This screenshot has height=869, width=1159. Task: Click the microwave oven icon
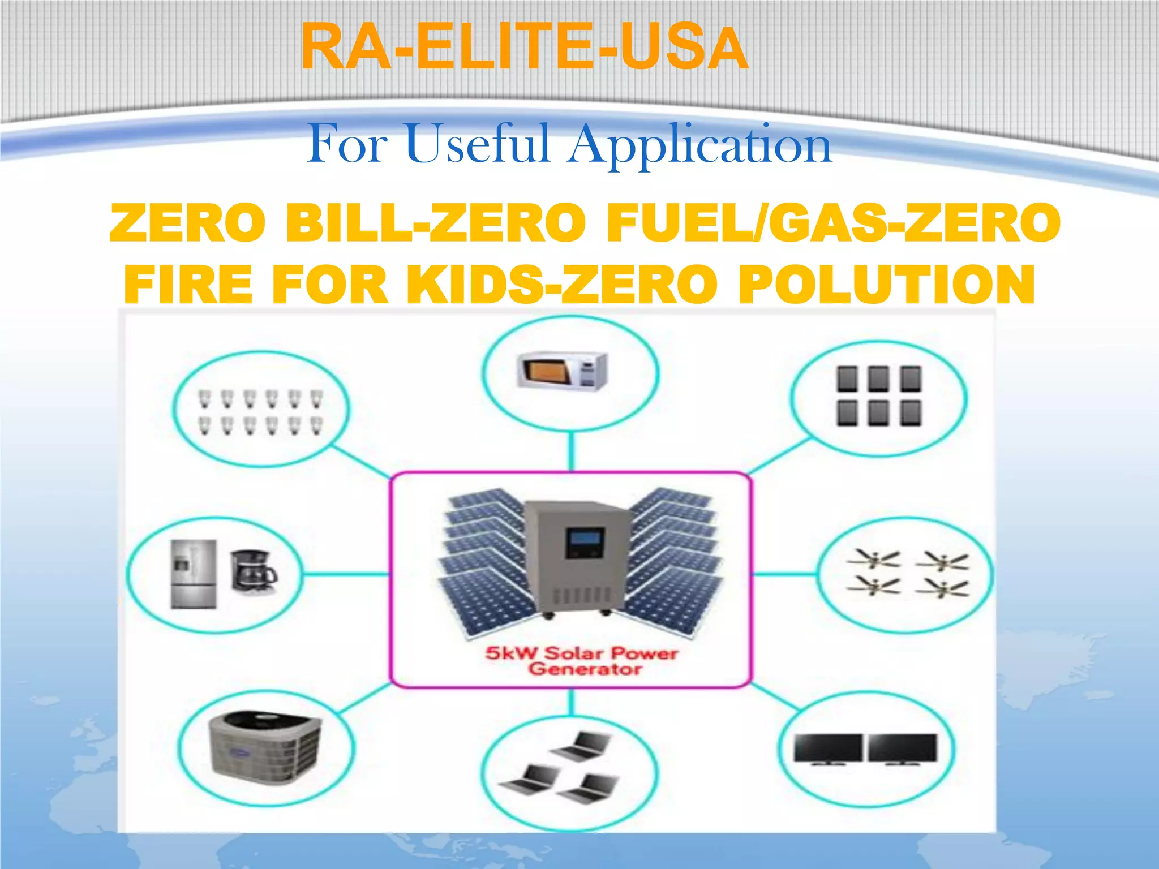562,371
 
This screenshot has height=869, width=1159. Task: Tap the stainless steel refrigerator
194,574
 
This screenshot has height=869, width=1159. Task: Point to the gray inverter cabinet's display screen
585,542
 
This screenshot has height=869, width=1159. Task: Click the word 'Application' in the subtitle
701,145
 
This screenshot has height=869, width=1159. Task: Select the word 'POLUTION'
886,285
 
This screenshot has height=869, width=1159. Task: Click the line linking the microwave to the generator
571,451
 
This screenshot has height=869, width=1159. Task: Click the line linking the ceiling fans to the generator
784,574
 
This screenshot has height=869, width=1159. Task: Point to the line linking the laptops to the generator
571,702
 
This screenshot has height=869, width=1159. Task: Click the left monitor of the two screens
828,748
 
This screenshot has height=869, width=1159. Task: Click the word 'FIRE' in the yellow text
188,285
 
